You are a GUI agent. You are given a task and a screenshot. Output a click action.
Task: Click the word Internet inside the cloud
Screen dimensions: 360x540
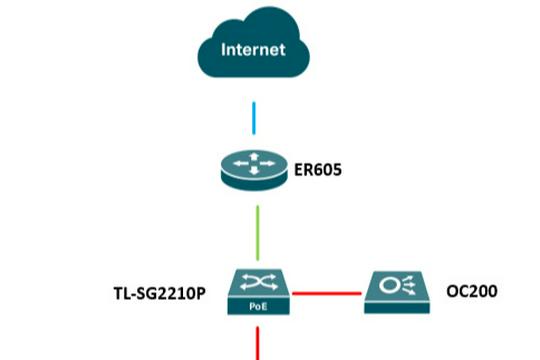tap(253, 48)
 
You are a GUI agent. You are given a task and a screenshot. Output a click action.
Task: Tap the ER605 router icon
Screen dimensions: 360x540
tap(256, 169)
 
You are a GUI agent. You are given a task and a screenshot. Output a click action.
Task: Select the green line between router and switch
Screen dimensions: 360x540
tap(257, 231)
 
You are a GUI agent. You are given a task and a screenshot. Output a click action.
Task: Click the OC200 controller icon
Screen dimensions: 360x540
tap(397, 291)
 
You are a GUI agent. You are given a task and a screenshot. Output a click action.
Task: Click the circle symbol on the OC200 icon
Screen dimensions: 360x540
tap(388, 286)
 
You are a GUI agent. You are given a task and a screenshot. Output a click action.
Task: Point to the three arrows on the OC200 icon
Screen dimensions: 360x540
tap(405, 286)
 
